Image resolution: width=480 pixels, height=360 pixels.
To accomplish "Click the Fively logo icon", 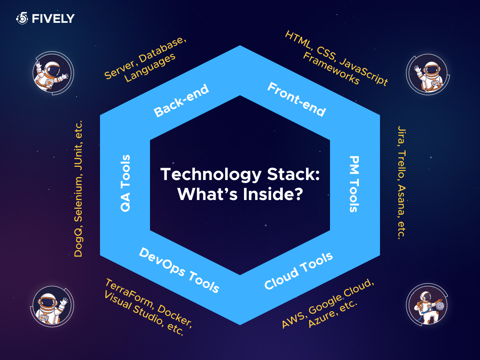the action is pyautogui.click(x=22, y=18).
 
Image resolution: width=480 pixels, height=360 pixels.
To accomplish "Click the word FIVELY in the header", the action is pyautogui.click(x=53, y=18).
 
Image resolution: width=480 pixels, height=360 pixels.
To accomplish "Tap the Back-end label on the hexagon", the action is pyautogui.click(x=181, y=100).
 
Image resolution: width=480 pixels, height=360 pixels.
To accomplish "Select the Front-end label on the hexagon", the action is pyautogui.click(x=296, y=100).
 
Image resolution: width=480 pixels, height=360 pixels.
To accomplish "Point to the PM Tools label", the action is pyautogui.click(x=354, y=184).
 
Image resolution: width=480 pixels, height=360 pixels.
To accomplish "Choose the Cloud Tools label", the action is pyautogui.click(x=298, y=271).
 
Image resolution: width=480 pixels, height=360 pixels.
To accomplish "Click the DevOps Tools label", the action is pyautogui.click(x=179, y=270).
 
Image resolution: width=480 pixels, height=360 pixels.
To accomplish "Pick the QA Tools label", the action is pyautogui.click(x=125, y=183).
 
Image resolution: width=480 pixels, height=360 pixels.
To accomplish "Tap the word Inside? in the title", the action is pyautogui.click(x=273, y=194).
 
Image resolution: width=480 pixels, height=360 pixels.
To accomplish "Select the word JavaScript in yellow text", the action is pyautogui.click(x=364, y=72).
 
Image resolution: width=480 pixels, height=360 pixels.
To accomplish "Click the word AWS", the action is pyautogui.click(x=293, y=320).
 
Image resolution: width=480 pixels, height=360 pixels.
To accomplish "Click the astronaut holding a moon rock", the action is pyautogui.click(x=428, y=306).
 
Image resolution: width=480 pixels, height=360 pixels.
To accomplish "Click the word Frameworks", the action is pyautogui.click(x=331, y=68).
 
